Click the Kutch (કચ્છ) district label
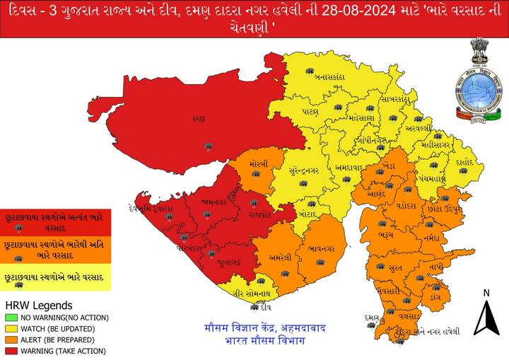[198, 119]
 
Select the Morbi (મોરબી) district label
[256, 163]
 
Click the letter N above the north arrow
[486, 293]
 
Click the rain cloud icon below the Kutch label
[208, 146]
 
